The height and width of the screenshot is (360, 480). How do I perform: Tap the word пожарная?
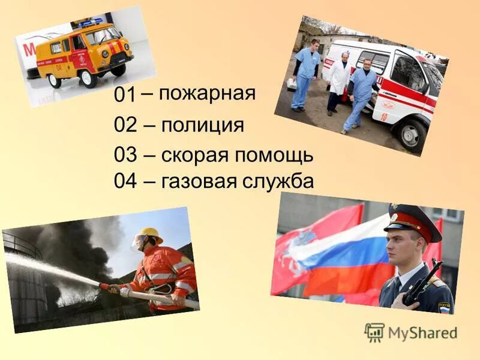207,93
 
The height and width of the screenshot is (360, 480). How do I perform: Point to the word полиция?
202,126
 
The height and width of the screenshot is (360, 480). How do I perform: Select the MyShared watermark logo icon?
374,332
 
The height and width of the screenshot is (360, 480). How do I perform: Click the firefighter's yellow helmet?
148,234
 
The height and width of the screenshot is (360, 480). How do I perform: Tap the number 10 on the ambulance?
384,117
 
